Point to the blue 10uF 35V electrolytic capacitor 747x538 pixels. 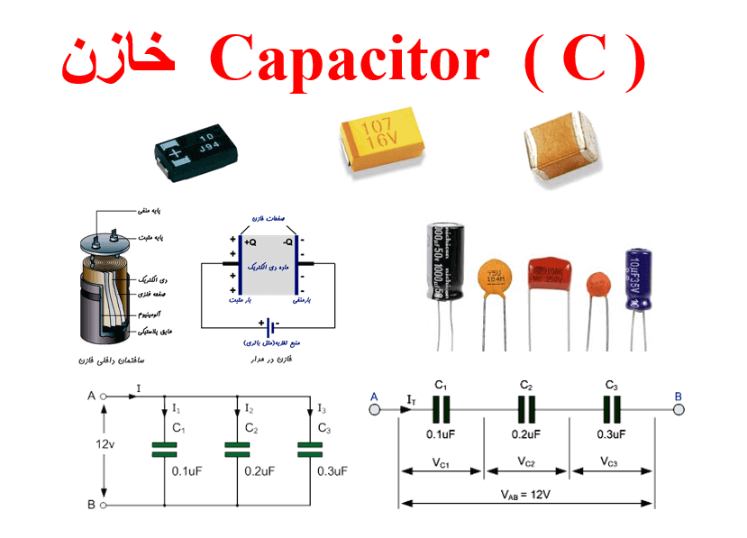[x=638, y=280]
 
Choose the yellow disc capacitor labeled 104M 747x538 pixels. [x=494, y=276]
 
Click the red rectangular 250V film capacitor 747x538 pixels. [x=550, y=274]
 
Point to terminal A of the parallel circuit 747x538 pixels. [x=103, y=396]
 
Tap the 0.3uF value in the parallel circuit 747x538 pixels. [x=332, y=470]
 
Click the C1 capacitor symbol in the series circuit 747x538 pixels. [x=441, y=410]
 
